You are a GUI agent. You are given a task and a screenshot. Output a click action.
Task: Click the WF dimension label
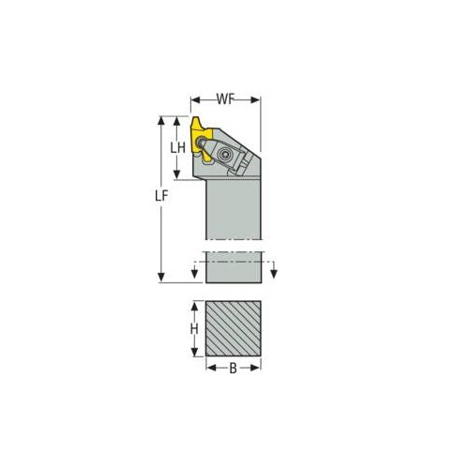[226, 98]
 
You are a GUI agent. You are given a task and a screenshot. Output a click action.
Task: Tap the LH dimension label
[176, 148]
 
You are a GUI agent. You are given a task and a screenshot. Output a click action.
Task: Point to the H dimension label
[194, 329]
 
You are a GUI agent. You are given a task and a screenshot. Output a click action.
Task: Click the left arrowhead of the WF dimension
[194, 98]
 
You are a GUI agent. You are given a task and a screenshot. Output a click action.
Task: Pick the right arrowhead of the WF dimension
[259, 98]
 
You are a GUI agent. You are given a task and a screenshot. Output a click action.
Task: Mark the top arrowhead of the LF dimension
[162, 121]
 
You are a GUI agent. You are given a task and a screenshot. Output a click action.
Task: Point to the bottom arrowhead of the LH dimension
[176, 178]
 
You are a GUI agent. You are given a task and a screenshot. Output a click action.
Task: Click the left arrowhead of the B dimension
[207, 369]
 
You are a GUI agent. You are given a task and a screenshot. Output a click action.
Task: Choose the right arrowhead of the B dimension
[260, 369]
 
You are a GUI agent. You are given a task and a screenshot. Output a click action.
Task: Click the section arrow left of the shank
[194, 273]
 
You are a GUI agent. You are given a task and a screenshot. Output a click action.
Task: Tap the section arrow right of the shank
[274, 273]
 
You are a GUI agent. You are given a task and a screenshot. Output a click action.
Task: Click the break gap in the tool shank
[233, 249]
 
